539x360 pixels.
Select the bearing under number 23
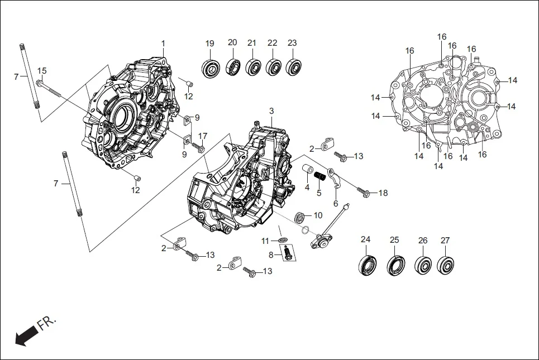pos(293,67)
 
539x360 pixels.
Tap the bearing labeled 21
pos(253,67)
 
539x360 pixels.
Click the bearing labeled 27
pos(446,264)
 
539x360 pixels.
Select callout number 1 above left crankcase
pos(163,44)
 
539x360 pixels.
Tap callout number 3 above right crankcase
pos(271,111)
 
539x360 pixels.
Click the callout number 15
pos(42,70)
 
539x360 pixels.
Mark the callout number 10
pos(318,215)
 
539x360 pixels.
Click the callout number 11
pos(265,241)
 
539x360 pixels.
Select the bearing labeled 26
pos(423,265)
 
